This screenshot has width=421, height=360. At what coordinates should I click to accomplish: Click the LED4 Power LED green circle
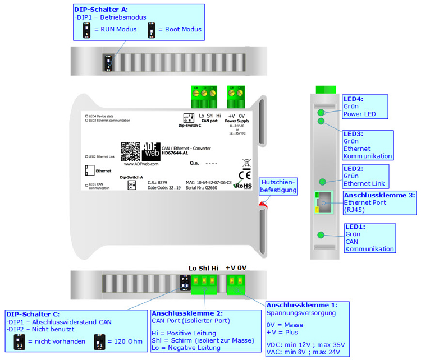321,113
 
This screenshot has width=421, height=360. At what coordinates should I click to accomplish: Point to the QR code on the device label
130,151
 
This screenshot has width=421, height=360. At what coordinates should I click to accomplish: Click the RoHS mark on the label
245,185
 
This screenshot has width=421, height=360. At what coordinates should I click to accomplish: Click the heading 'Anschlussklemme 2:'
180,313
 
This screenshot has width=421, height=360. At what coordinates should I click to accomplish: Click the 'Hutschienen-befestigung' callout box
277,187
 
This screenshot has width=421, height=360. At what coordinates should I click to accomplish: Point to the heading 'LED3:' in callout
354,134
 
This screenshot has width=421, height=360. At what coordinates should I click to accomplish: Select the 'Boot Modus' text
180,29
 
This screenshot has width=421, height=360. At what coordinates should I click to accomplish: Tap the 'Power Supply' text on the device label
236,121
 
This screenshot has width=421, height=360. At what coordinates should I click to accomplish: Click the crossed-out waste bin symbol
245,163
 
